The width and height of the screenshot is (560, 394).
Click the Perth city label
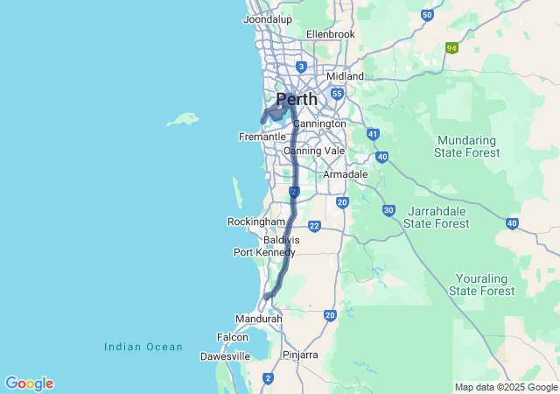[297, 99]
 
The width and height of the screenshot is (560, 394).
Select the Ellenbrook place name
[331, 34]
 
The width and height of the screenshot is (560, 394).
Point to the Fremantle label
[262, 137]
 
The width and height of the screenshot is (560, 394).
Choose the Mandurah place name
[259, 320]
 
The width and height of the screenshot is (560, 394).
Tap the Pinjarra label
[300, 355]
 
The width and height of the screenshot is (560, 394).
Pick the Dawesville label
[225, 356]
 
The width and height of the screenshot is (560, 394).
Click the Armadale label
[345, 175]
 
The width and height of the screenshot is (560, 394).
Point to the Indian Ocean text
[143, 348]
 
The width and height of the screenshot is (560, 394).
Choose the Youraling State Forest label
[481, 284]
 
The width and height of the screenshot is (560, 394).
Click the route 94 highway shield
[451, 47]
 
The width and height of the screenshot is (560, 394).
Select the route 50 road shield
[427, 15]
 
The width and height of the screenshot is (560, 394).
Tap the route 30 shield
[388, 211]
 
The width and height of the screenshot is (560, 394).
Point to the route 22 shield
[313, 227]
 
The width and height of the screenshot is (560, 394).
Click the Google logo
[29, 383]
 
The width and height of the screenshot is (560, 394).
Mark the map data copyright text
[506, 387]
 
